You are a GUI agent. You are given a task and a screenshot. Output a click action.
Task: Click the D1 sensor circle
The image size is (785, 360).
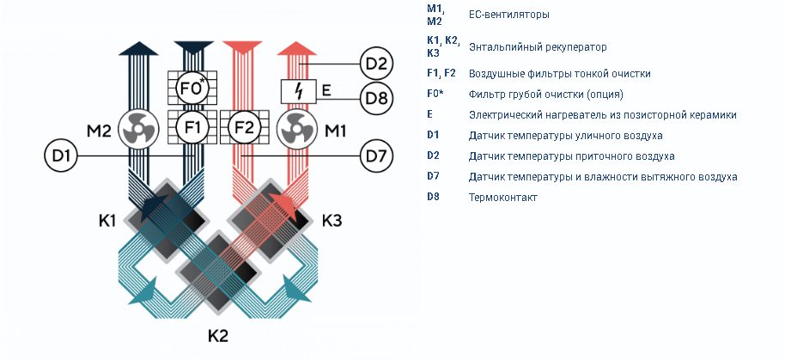pos(61,156)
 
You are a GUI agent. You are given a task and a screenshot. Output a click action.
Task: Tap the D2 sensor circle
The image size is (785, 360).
pos(376,64)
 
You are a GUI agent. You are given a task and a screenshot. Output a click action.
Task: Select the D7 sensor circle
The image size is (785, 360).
pos(376,156)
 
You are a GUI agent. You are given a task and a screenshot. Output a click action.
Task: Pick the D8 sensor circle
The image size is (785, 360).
pos(376,98)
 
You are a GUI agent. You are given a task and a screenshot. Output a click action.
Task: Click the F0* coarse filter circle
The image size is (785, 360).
pos(192,88)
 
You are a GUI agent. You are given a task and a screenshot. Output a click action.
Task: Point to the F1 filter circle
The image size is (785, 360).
pos(192,127)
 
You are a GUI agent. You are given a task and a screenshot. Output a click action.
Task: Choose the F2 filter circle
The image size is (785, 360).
pos(244,127)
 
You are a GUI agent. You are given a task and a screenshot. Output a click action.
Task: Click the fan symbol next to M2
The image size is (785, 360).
pos(138,129)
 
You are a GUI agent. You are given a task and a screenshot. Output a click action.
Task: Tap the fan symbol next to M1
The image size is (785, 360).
pos(297,129)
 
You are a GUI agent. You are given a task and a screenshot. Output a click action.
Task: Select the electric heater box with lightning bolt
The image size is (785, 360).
pos(298,91)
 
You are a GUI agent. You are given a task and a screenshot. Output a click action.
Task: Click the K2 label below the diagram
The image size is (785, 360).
pos(218,335)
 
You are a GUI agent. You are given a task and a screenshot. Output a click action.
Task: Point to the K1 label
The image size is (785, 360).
pos(106,220)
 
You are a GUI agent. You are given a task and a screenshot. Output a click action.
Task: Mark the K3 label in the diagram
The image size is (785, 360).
pos(332,220)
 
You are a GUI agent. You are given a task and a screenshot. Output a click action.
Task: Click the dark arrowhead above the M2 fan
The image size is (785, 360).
pos(138,49)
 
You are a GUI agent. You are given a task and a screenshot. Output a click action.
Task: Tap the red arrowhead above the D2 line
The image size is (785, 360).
pos(297,49)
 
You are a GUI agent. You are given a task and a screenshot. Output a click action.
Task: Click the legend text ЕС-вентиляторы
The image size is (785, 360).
pos(508,15)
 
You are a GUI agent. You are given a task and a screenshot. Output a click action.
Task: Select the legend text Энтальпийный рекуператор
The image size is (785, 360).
pos(538,47)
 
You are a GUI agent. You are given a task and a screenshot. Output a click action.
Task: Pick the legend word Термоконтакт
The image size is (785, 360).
pos(502,198)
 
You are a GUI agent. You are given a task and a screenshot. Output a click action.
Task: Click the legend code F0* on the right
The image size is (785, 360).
pos(435,93)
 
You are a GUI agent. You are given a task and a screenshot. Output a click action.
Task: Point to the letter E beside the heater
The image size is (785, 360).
pos(326,90)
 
